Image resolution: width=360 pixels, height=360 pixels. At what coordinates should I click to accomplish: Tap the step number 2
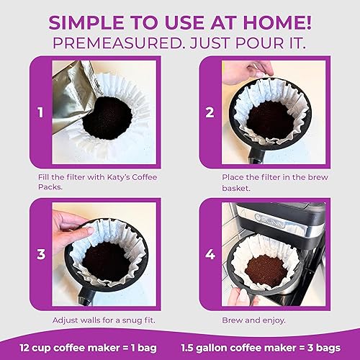click(210, 113)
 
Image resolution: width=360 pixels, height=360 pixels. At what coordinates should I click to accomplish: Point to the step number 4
click(210, 253)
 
